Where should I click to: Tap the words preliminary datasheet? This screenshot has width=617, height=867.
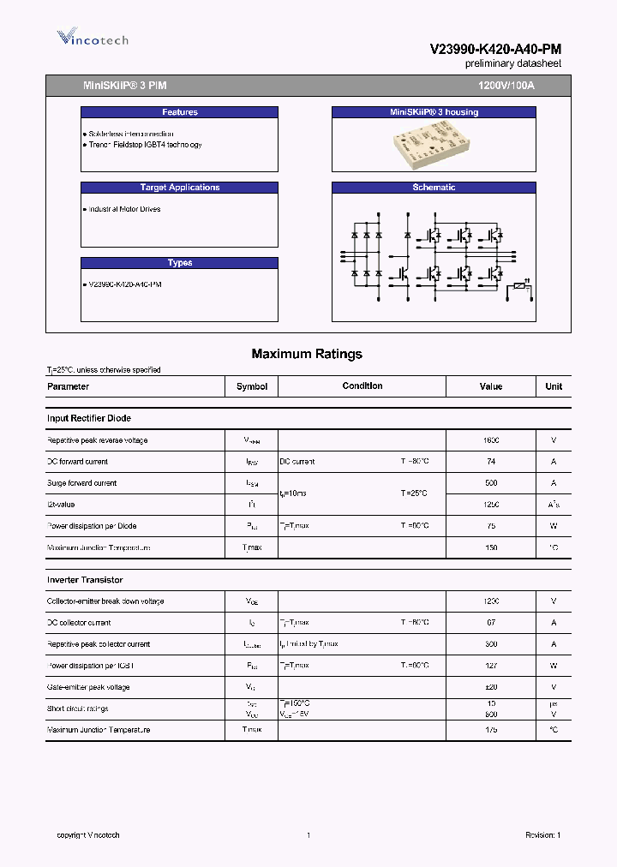click(x=512, y=64)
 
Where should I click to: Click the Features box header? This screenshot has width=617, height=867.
click(x=179, y=112)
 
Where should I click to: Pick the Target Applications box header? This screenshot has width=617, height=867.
click(x=179, y=188)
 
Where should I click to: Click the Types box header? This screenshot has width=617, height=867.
click(x=179, y=263)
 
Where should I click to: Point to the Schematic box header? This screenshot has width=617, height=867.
click(x=434, y=188)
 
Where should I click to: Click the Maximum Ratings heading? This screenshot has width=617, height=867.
click(x=307, y=354)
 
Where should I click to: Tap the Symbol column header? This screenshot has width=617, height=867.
click(x=252, y=386)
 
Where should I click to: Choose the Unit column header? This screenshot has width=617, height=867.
click(x=554, y=386)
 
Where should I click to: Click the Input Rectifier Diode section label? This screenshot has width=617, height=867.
click(x=88, y=418)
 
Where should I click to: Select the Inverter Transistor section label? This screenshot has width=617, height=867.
click(x=85, y=580)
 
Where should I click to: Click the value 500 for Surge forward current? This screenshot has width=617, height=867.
click(x=491, y=483)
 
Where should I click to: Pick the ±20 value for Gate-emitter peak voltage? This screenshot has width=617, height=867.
click(x=491, y=687)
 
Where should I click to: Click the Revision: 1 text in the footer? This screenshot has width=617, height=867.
click(x=542, y=835)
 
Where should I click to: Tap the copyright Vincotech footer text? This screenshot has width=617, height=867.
click(x=88, y=835)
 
